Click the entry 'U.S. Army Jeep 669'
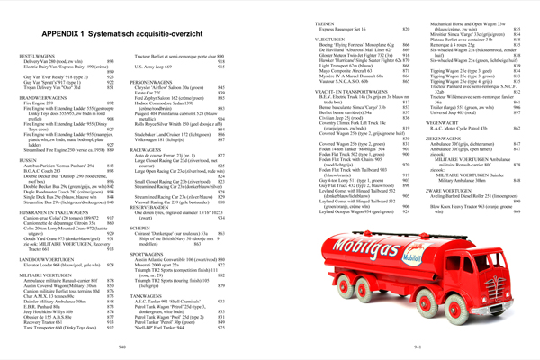[x=161, y=68]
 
